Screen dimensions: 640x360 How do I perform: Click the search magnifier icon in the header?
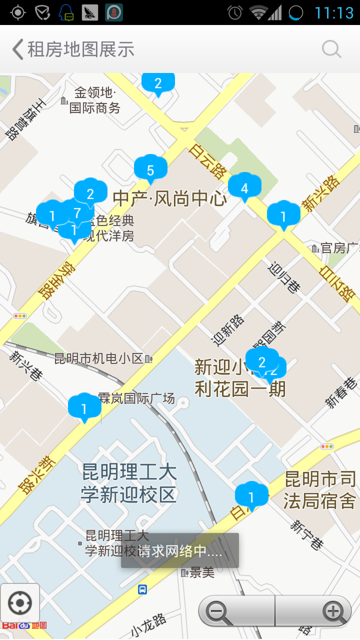coord(331,49)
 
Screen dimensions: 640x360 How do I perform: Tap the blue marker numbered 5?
coord(150,169)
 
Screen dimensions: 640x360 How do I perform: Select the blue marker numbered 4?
coord(244,187)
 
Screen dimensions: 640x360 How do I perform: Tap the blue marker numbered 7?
coord(77,212)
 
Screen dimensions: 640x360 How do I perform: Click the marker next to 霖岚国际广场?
coord(84,408)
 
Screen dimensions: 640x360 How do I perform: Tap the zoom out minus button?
coord(217,611)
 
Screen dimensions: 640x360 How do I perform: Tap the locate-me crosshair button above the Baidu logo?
coord(20,603)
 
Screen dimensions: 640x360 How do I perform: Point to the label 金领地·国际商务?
coord(95,100)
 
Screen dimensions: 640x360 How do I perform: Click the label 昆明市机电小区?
coord(99,358)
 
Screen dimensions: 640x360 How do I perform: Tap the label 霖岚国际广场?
coord(136,398)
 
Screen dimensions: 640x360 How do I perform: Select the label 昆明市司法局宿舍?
coord(320,490)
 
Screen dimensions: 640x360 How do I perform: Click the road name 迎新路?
coord(228,330)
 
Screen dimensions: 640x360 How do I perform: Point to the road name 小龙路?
coord(148,625)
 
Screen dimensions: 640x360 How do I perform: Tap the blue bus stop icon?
coord(142,589)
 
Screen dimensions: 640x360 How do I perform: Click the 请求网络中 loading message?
coord(180,551)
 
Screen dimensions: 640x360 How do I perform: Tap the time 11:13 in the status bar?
coord(334,12)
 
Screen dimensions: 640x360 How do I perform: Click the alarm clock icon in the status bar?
coord(235,12)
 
